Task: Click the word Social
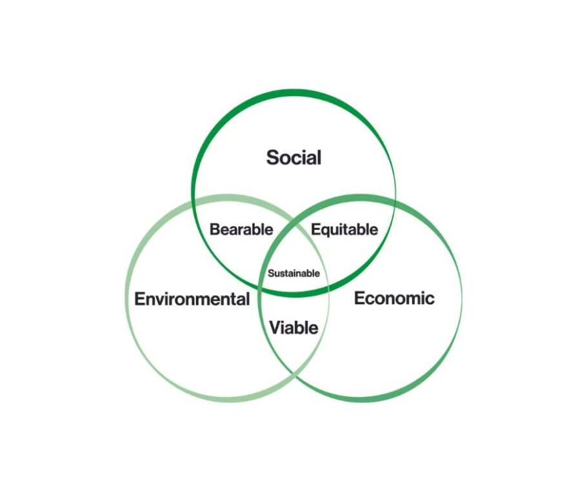click(294, 158)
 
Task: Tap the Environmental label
click(192, 299)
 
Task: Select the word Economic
click(394, 298)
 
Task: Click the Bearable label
click(241, 229)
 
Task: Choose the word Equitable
click(344, 229)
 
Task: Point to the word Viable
click(294, 328)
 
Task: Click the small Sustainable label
click(294, 273)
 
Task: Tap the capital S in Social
click(272, 158)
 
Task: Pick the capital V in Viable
click(276, 328)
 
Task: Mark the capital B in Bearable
click(215, 229)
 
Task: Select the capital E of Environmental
click(139, 299)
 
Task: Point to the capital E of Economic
click(359, 298)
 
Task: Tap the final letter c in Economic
click(430, 300)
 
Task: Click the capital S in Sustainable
click(271, 273)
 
